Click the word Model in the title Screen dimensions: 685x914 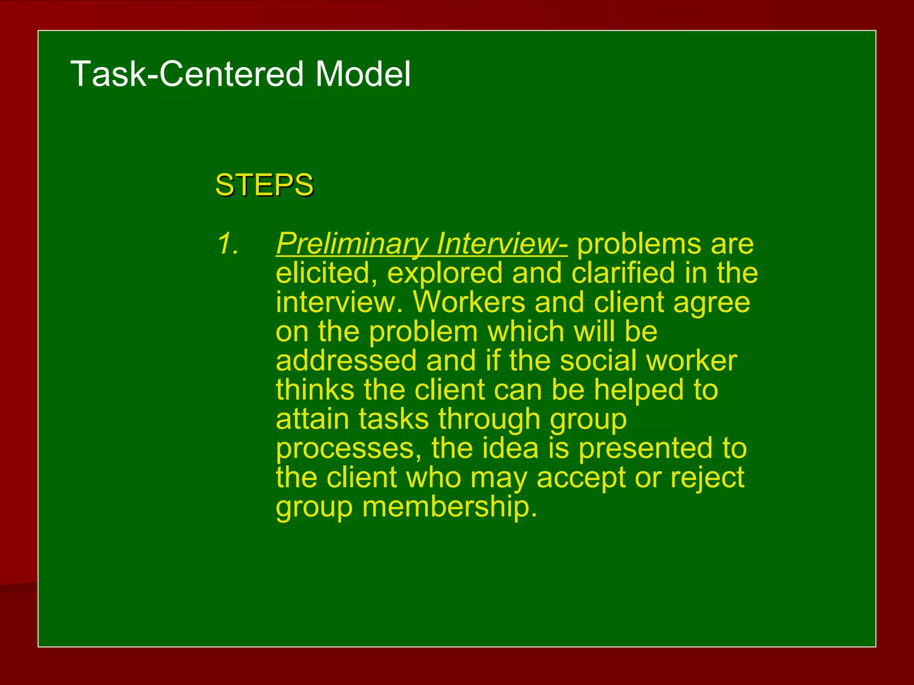[x=362, y=74]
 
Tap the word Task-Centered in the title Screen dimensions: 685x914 [x=189, y=74]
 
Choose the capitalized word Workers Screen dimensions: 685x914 [x=469, y=302]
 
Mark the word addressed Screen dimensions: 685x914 [x=346, y=360]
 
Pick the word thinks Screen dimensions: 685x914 [x=315, y=389]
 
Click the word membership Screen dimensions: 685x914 [x=449, y=507]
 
